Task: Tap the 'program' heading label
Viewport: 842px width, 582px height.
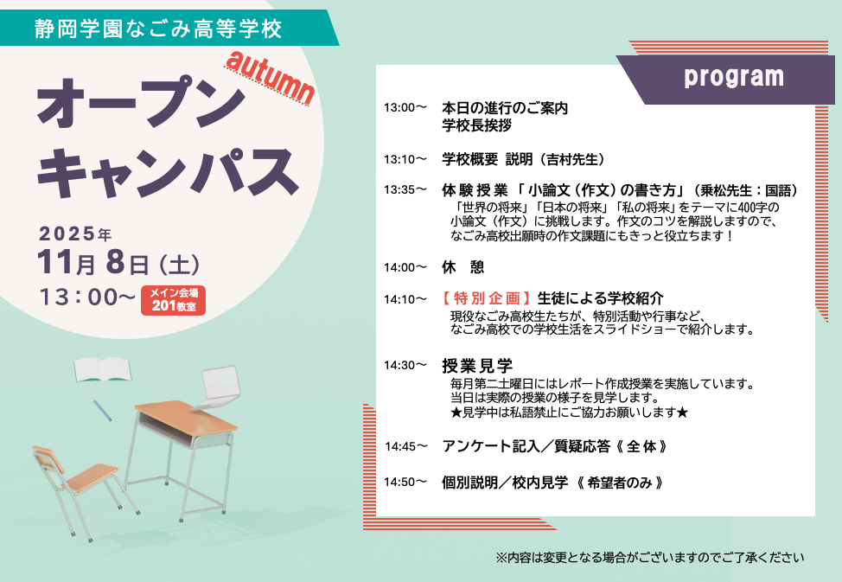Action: point(734,77)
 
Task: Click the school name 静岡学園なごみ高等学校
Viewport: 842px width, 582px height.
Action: point(158,29)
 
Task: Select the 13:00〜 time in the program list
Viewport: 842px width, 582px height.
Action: point(405,107)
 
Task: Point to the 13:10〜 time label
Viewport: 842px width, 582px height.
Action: point(405,160)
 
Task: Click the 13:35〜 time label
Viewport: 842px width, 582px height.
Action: point(405,189)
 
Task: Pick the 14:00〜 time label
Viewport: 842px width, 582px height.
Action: point(405,267)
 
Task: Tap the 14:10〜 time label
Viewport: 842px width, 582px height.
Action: point(405,299)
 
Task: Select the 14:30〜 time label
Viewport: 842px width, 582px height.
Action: point(405,366)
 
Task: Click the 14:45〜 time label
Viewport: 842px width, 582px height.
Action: point(406,446)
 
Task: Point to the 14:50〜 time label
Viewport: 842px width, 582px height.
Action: point(405,482)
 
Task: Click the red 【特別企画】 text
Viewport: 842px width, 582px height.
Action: point(487,298)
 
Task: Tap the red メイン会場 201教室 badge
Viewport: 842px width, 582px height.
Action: point(174,300)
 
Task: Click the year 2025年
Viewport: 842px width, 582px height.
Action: point(75,233)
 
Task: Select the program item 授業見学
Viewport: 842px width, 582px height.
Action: point(477,366)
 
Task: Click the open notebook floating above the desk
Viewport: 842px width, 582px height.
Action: point(102,369)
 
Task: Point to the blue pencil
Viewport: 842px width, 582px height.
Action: point(102,410)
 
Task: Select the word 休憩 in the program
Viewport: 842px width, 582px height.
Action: point(462,267)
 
